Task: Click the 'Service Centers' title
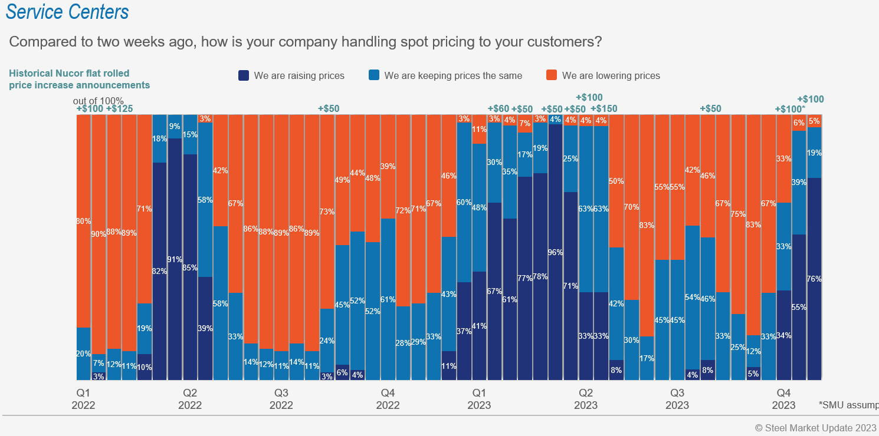tap(67, 11)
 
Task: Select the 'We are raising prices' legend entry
tap(291, 75)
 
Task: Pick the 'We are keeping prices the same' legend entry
tap(445, 75)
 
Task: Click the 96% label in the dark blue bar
tap(555, 253)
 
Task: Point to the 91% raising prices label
tap(175, 259)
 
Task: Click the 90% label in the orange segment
tap(99, 234)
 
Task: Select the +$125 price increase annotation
tap(120, 108)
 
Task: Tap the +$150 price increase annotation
tap(603, 108)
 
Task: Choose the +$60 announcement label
tap(498, 108)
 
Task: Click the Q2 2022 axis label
tap(190, 399)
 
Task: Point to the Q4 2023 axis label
tap(783, 399)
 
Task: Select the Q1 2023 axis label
tap(479, 399)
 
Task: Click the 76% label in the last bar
tap(814, 279)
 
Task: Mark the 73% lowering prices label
tap(327, 212)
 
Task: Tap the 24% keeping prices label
tap(327, 341)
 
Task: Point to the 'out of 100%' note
tap(98, 101)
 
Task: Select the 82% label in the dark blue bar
tap(159, 272)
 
